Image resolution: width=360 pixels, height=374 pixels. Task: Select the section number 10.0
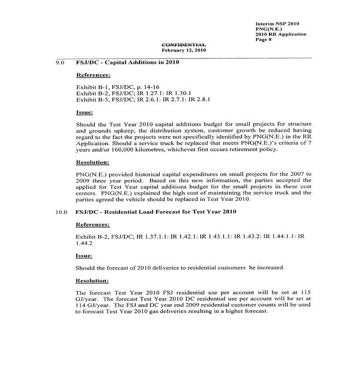[x=61, y=211]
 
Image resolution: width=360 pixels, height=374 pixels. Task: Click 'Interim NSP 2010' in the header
[x=277, y=24]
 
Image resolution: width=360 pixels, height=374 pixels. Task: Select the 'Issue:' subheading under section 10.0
[x=84, y=255]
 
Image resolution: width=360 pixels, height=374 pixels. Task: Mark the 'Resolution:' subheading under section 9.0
[x=93, y=162]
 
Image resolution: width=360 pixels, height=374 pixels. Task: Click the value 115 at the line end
[x=305, y=293]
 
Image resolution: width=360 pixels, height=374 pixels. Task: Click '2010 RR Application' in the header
[x=280, y=34]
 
